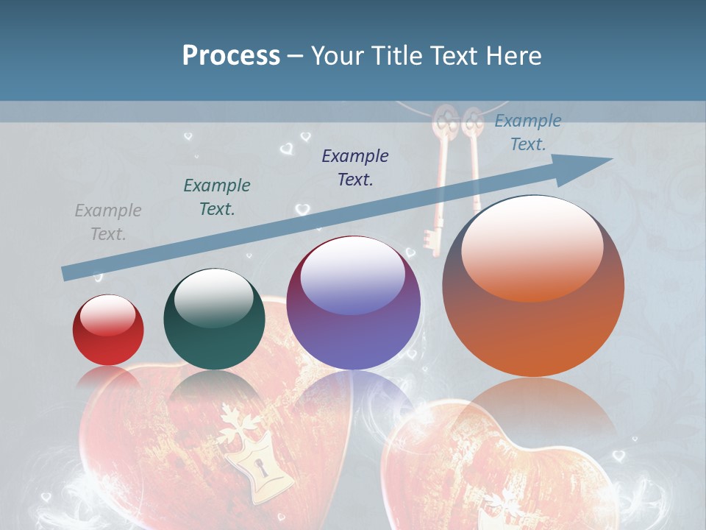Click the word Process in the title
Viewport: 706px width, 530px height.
231,56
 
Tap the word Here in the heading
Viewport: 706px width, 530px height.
513,56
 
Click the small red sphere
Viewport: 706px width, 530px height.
108,331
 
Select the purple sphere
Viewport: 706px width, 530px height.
353,303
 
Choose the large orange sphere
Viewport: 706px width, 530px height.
533,286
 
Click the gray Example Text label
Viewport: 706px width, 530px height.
108,222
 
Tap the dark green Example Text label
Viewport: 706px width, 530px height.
217,197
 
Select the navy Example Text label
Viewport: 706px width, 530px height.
355,167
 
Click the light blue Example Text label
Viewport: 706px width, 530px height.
528,132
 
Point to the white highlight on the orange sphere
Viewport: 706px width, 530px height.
532,247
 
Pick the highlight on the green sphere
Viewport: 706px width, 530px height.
213,298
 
